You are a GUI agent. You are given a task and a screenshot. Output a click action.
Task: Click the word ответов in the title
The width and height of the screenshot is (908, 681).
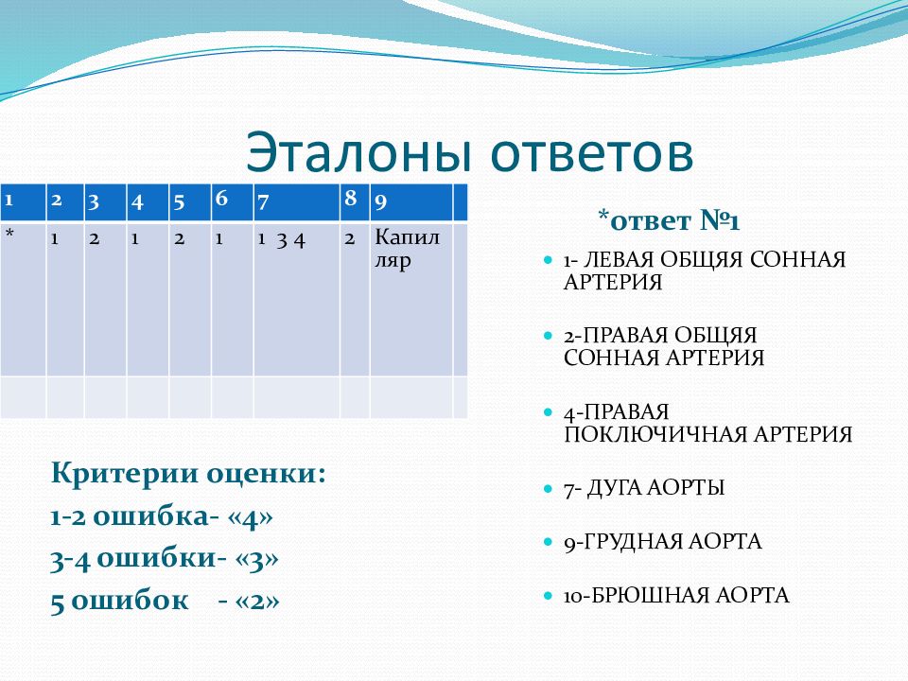[x=592, y=153]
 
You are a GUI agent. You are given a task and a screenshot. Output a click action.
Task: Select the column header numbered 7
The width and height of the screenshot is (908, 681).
[x=296, y=202]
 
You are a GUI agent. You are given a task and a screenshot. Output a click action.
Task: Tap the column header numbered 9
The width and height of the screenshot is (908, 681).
[x=411, y=202]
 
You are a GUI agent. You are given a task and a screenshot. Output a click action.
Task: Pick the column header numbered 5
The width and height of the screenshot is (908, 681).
[x=190, y=202]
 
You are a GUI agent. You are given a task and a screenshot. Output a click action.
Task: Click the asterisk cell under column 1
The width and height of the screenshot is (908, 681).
[x=23, y=299]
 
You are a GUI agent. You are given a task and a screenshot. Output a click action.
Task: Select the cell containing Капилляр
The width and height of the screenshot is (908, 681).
[x=411, y=299]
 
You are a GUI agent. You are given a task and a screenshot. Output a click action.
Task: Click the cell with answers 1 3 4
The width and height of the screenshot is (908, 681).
[x=296, y=299]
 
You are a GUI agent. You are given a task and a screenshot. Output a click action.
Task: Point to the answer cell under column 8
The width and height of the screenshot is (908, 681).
[x=355, y=299]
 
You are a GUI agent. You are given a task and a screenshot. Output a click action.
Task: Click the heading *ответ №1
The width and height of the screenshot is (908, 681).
[x=669, y=220]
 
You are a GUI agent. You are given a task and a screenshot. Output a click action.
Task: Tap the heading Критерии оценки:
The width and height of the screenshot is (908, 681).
[x=189, y=474]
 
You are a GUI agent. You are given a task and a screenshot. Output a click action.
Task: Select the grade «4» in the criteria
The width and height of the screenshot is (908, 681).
[x=250, y=516]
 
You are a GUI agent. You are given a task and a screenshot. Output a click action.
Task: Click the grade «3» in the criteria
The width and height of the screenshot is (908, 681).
[x=256, y=559]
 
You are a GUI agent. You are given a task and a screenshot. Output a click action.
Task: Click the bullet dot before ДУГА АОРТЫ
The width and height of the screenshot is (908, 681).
[x=548, y=489]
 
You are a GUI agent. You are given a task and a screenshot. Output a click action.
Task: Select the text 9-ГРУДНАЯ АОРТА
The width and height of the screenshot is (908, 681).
[x=662, y=542]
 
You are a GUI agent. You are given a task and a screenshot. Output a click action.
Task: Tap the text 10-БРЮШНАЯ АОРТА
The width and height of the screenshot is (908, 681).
[x=676, y=595]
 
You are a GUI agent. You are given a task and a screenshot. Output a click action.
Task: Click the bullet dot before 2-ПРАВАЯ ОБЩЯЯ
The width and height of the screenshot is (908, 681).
[x=548, y=336]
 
